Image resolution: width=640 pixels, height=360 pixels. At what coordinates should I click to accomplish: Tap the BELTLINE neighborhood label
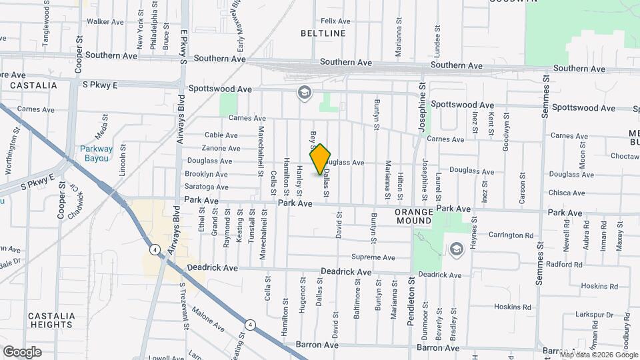coord(323,33)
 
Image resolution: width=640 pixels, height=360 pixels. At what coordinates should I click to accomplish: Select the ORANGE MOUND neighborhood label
coord(415,217)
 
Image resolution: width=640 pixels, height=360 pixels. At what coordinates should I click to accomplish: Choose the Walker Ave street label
coord(105,21)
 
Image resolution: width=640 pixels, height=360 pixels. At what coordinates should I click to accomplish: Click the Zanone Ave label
coord(221,148)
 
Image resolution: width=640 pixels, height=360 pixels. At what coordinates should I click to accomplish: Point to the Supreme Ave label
coord(373,257)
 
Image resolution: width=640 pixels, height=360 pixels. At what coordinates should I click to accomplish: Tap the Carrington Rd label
coord(511,235)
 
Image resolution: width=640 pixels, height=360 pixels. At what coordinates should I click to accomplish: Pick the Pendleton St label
coord(411,302)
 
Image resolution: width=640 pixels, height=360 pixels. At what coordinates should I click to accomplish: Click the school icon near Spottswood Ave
coord(305,93)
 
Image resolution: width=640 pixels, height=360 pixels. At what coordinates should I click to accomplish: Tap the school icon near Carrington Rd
coord(457,249)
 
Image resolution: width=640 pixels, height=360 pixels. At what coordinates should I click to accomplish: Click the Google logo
coord(22,352)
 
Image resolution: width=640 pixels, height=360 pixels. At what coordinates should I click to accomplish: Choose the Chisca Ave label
coord(566,193)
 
